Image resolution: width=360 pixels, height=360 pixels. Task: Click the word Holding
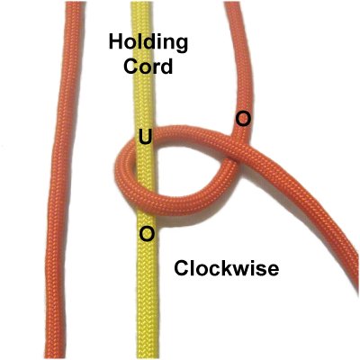pyautogui.click(x=148, y=44)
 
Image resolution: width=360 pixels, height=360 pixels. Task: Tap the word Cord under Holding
pyautogui.click(x=148, y=67)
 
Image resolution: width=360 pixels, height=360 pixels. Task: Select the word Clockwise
pyautogui.click(x=226, y=268)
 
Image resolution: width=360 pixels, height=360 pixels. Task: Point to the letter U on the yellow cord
pyautogui.click(x=146, y=137)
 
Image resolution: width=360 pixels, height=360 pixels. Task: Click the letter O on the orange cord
pyautogui.click(x=243, y=119)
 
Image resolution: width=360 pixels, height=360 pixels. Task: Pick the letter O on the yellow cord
pyautogui.click(x=148, y=234)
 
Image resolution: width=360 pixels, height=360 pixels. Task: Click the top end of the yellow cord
pyautogui.click(x=142, y=3)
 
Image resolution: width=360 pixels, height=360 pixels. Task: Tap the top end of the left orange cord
pyautogui.click(x=74, y=3)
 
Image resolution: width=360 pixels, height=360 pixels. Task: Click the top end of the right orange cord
pyautogui.click(x=232, y=3)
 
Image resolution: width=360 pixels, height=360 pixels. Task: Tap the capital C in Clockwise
pyautogui.click(x=181, y=268)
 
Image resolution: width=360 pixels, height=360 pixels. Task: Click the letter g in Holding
pyautogui.click(x=181, y=46)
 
